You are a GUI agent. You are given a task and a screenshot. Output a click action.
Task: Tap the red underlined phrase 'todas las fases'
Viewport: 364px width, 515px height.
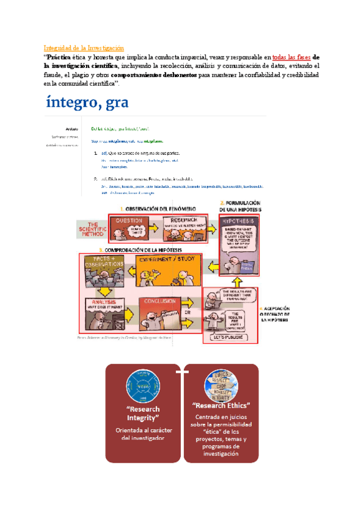click(x=291, y=57)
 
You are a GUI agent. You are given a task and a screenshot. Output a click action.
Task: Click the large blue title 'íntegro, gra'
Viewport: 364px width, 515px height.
click(x=87, y=102)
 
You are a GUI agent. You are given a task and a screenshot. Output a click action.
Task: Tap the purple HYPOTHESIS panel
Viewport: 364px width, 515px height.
click(x=239, y=237)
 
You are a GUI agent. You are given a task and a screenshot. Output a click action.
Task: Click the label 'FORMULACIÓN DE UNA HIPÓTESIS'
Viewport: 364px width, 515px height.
click(x=241, y=205)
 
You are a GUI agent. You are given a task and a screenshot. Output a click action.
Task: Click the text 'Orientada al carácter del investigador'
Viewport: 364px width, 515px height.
click(x=144, y=434)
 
